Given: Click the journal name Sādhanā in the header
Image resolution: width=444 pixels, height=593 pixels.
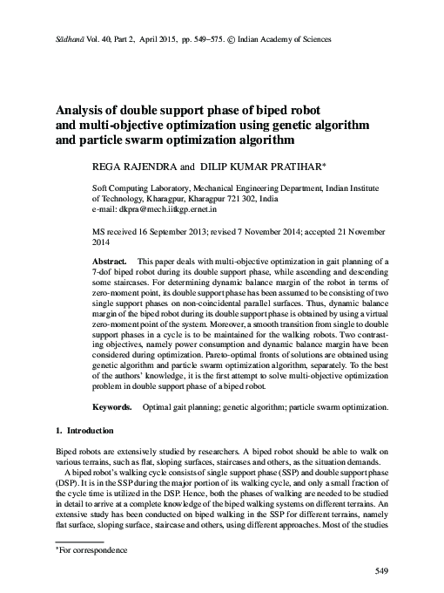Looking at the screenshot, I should pyautogui.click(x=44, y=39).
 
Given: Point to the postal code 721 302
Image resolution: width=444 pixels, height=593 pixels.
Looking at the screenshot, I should pyautogui.click(x=241, y=199).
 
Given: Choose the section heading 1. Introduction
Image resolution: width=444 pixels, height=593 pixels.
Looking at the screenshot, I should pyautogui.click(x=78, y=431).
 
